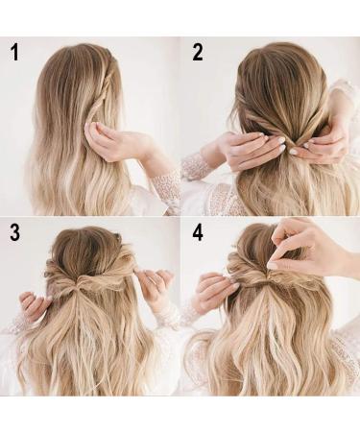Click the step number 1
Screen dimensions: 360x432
tap(14, 53)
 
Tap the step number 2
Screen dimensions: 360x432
tap(198, 53)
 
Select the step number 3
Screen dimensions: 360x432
tap(15, 232)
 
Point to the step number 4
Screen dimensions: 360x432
tap(198, 232)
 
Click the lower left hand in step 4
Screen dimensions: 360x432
tap(214, 291)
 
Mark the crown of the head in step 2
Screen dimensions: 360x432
tap(281, 64)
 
